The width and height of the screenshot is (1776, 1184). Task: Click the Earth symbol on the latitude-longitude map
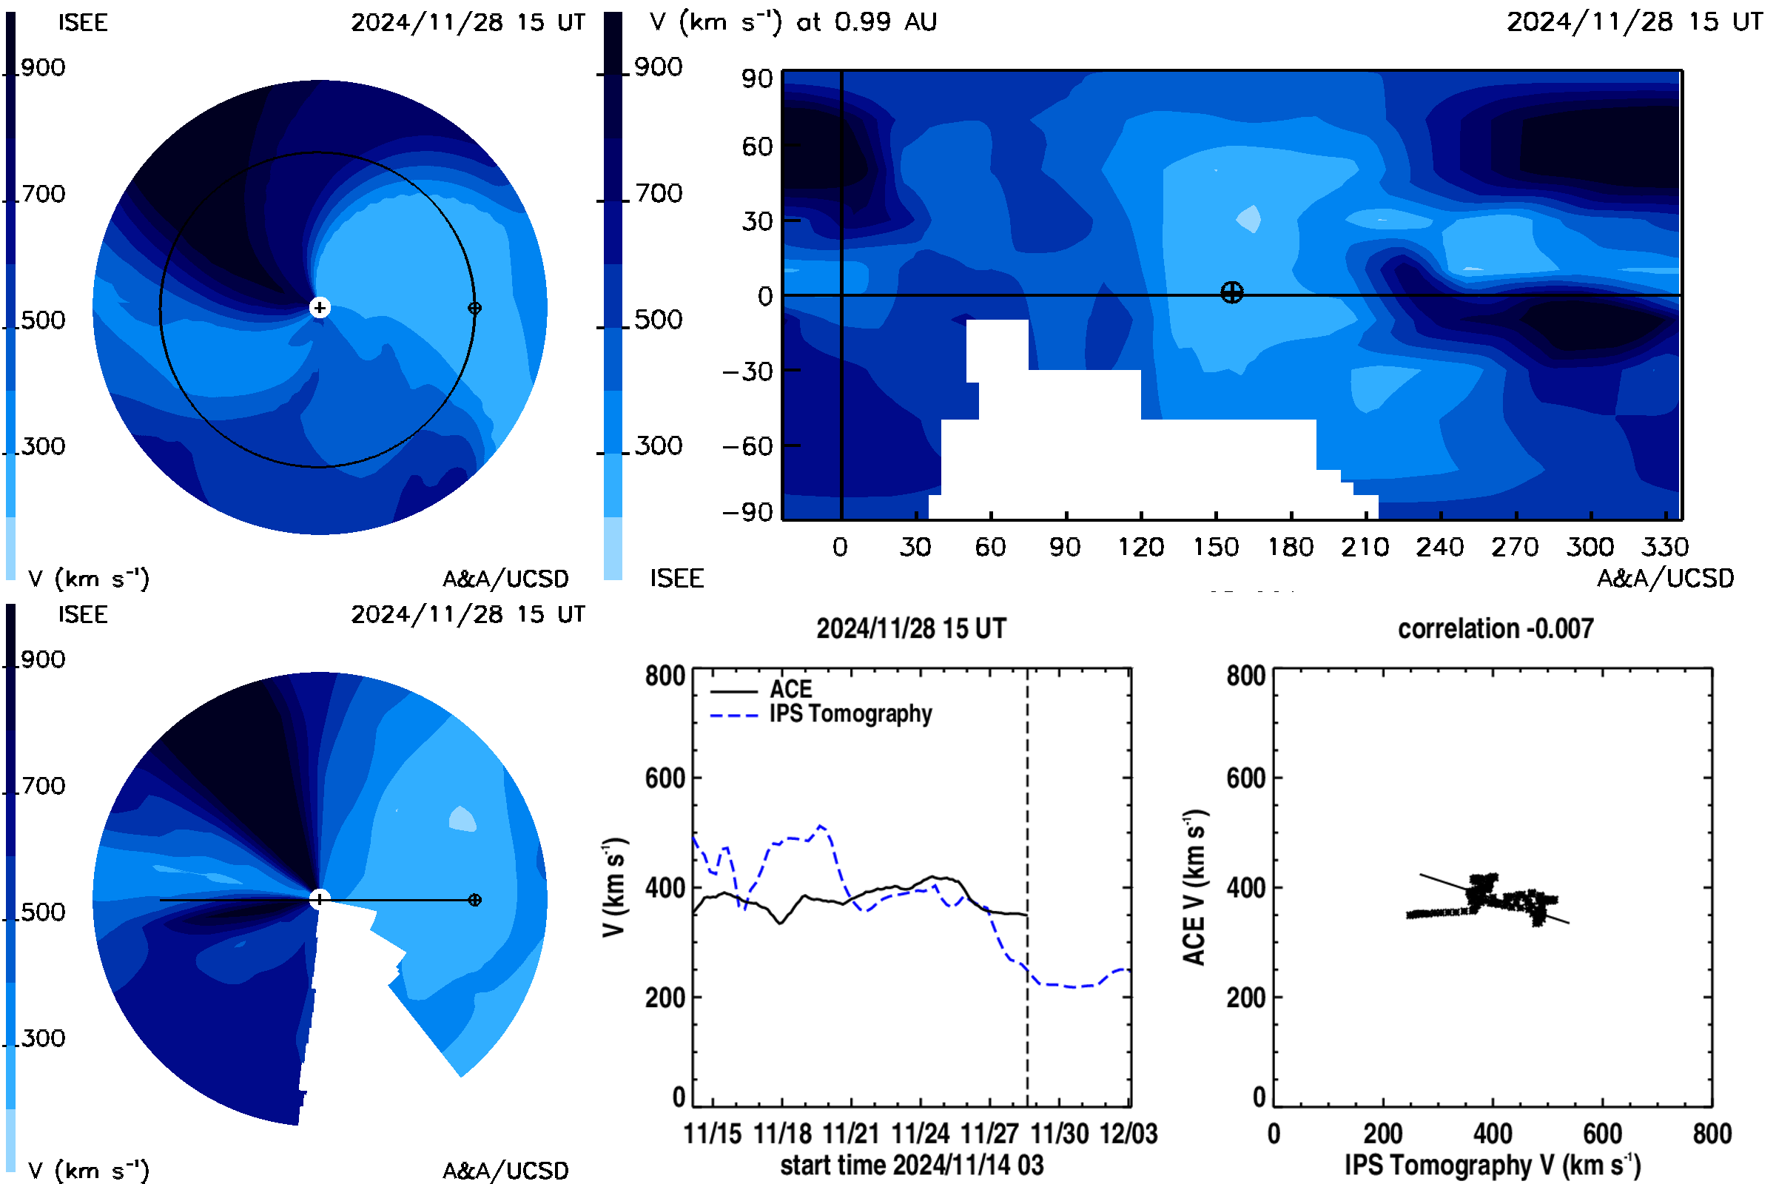(x=1231, y=292)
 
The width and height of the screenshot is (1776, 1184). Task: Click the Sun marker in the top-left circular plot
(x=320, y=307)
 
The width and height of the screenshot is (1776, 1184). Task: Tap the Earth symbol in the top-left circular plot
(x=474, y=308)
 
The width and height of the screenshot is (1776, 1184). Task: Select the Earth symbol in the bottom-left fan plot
(x=474, y=900)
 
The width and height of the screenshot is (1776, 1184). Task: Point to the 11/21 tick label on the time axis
(x=851, y=1134)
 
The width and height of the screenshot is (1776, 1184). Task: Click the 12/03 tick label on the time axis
(x=1129, y=1134)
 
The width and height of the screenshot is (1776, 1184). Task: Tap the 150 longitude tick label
(x=1216, y=547)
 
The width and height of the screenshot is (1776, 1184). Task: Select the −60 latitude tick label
(x=747, y=446)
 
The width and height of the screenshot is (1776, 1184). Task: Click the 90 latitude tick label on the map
(x=757, y=78)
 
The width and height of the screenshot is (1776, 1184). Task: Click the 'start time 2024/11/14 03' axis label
(x=912, y=1165)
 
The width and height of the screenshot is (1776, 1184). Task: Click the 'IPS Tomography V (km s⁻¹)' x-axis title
(x=1493, y=1165)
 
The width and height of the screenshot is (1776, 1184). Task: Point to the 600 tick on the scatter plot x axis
(x=1602, y=1134)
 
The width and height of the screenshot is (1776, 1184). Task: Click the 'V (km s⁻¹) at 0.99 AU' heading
(x=793, y=22)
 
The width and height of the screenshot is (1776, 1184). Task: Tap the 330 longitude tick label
(x=1665, y=547)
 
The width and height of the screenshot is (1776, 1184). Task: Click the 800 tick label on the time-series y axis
(x=665, y=675)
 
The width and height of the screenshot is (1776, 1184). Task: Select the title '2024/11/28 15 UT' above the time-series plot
(x=912, y=628)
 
